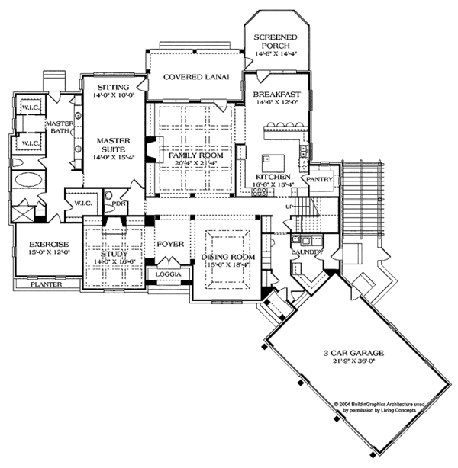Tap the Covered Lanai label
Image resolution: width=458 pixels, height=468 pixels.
point(192,77)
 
